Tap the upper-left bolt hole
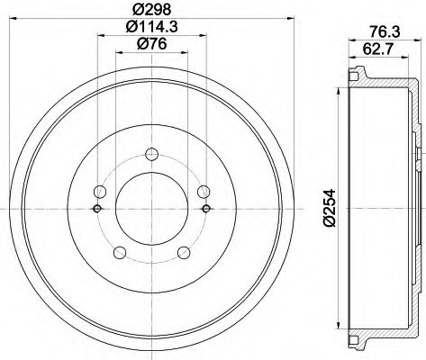102,191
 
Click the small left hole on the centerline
96,209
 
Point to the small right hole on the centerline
206,209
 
